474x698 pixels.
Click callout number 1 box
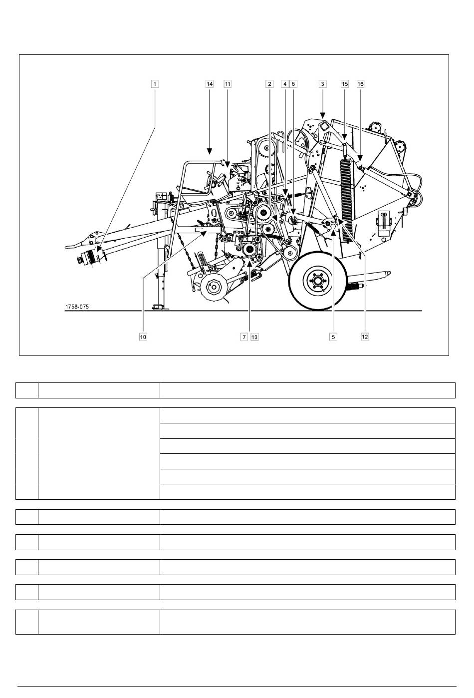point(155,84)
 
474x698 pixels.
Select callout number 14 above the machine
point(210,84)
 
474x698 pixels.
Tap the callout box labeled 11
point(228,84)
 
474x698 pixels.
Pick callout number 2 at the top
point(270,84)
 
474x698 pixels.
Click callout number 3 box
point(323,84)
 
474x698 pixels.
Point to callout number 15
point(345,84)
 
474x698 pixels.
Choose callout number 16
point(360,84)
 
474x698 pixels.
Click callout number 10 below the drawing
point(143,337)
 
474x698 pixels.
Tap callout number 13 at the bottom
point(254,337)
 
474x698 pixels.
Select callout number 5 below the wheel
point(333,337)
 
